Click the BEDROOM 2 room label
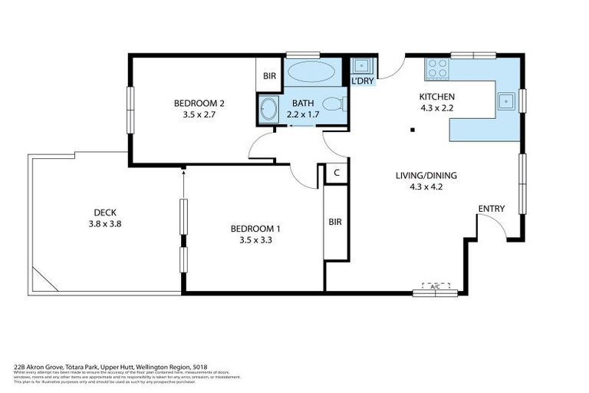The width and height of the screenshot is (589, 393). point(199,103)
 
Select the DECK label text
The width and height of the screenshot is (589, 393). point(104,213)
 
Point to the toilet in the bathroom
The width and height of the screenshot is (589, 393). point(334,104)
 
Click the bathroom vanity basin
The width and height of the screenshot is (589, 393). point(268,108)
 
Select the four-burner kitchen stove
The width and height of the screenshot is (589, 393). point(437,68)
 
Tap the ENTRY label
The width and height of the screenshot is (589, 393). point(491,209)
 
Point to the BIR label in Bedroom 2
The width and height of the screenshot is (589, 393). point(269,76)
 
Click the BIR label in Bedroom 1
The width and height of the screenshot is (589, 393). point(335,222)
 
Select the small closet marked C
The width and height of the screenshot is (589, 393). point(336,173)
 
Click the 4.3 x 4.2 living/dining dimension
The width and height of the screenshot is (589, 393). point(419,186)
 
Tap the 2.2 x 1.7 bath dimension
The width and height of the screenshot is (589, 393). point(302,114)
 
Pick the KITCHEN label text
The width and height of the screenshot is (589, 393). point(436,96)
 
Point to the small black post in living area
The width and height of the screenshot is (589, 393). point(413,130)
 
